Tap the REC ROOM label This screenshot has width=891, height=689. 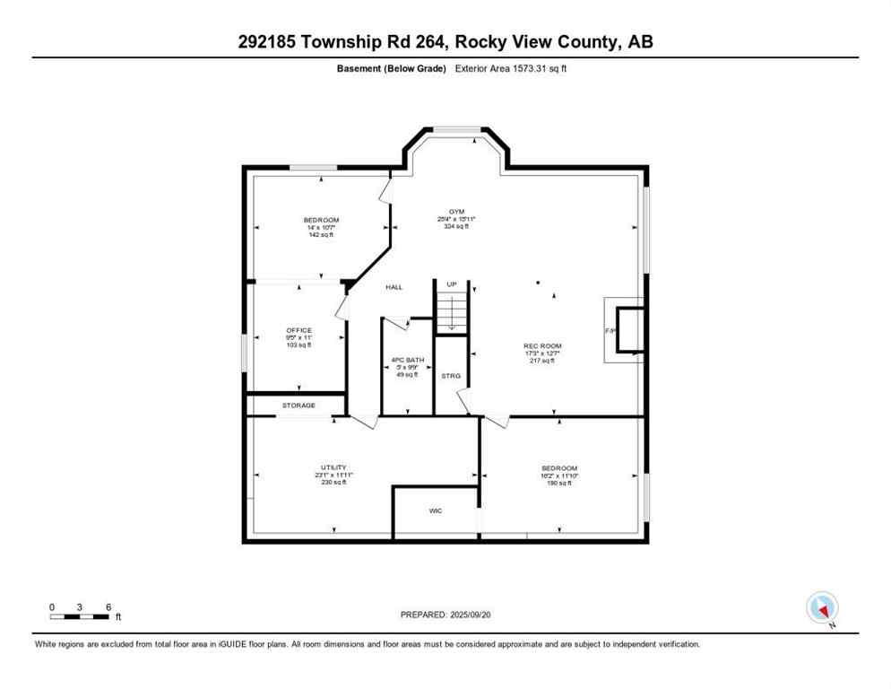pos(541,345)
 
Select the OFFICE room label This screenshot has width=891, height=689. pos(298,330)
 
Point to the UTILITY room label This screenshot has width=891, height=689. pos(333,467)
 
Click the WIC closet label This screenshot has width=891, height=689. pos(435,510)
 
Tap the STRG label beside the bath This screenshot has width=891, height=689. pos(450,376)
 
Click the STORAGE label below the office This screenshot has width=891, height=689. pos(298,406)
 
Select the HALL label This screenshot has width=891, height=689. pos(394,287)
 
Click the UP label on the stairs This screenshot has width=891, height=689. pos(452,284)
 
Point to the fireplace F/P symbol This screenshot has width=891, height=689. pos(611,331)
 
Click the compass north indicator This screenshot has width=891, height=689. pos(822,608)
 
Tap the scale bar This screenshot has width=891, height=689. pos(81,616)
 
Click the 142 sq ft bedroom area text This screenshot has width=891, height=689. pos(321,234)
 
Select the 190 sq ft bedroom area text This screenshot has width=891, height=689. pos(558,482)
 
